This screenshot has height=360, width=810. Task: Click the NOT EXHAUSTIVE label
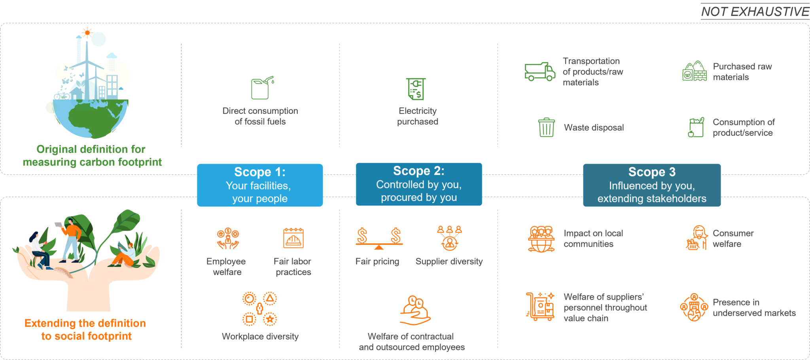click(755, 11)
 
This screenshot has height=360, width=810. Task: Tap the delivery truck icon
click(540, 72)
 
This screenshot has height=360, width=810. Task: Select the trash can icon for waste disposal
click(546, 127)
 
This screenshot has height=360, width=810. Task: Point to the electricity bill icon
click(416, 89)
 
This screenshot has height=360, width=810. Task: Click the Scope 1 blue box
click(260, 185)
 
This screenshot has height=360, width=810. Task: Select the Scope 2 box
click(419, 184)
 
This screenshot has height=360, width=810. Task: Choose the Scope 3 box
click(652, 185)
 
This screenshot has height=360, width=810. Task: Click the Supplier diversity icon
click(450, 238)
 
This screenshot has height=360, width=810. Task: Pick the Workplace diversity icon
click(259, 309)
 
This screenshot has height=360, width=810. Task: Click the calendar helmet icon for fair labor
click(293, 238)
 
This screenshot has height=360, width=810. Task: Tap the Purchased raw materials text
click(742, 72)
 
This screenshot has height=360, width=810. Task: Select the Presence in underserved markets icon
click(694, 307)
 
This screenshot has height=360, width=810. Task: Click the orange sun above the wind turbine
click(87, 33)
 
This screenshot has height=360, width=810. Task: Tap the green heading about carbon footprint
click(92, 155)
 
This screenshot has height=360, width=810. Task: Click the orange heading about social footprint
click(85, 330)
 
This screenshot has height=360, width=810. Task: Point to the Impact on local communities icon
click(541, 239)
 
